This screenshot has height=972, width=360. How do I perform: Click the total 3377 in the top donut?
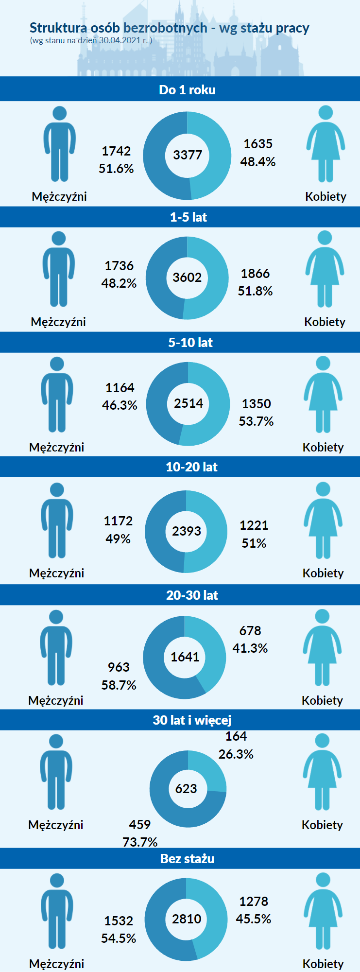pos(188,155)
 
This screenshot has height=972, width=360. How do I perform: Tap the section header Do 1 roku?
pos(187,90)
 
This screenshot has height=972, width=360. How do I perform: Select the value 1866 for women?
pos(255,274)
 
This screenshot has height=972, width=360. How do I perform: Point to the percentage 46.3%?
pos(120,405)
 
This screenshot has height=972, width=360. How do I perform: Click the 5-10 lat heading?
pos(190,343)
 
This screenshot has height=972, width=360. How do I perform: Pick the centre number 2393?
pos(187,531)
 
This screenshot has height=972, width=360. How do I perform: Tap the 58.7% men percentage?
pos(119,685)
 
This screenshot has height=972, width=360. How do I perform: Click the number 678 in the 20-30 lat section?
pos(250,631)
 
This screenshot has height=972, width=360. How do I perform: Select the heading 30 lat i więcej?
pos(192,720)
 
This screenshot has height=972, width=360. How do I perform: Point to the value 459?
pos(140,825)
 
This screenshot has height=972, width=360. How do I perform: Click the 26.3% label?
pos(236,754)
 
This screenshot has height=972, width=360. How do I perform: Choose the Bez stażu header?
pos(188,859)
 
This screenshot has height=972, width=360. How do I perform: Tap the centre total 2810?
pos(187,919)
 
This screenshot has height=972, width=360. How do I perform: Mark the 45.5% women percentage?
pos(254,919)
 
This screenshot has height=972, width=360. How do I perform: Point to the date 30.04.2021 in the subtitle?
pos(120,40)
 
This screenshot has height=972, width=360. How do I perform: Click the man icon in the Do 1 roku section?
pos(60,144)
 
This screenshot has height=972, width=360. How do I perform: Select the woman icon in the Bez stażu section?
pos(323,911)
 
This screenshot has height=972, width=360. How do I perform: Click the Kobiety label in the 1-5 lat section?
pos(325,322)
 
